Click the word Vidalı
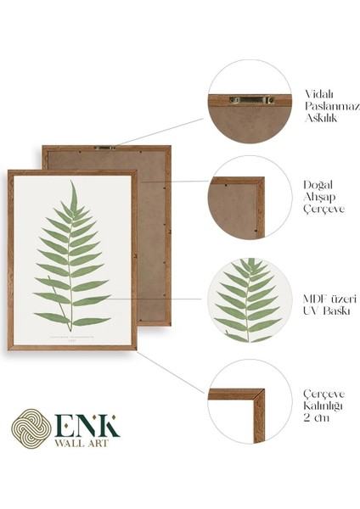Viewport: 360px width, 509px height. [319, 93]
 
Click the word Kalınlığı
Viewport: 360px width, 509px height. [324, 406]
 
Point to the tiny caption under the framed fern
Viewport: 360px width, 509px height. [71, 333]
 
